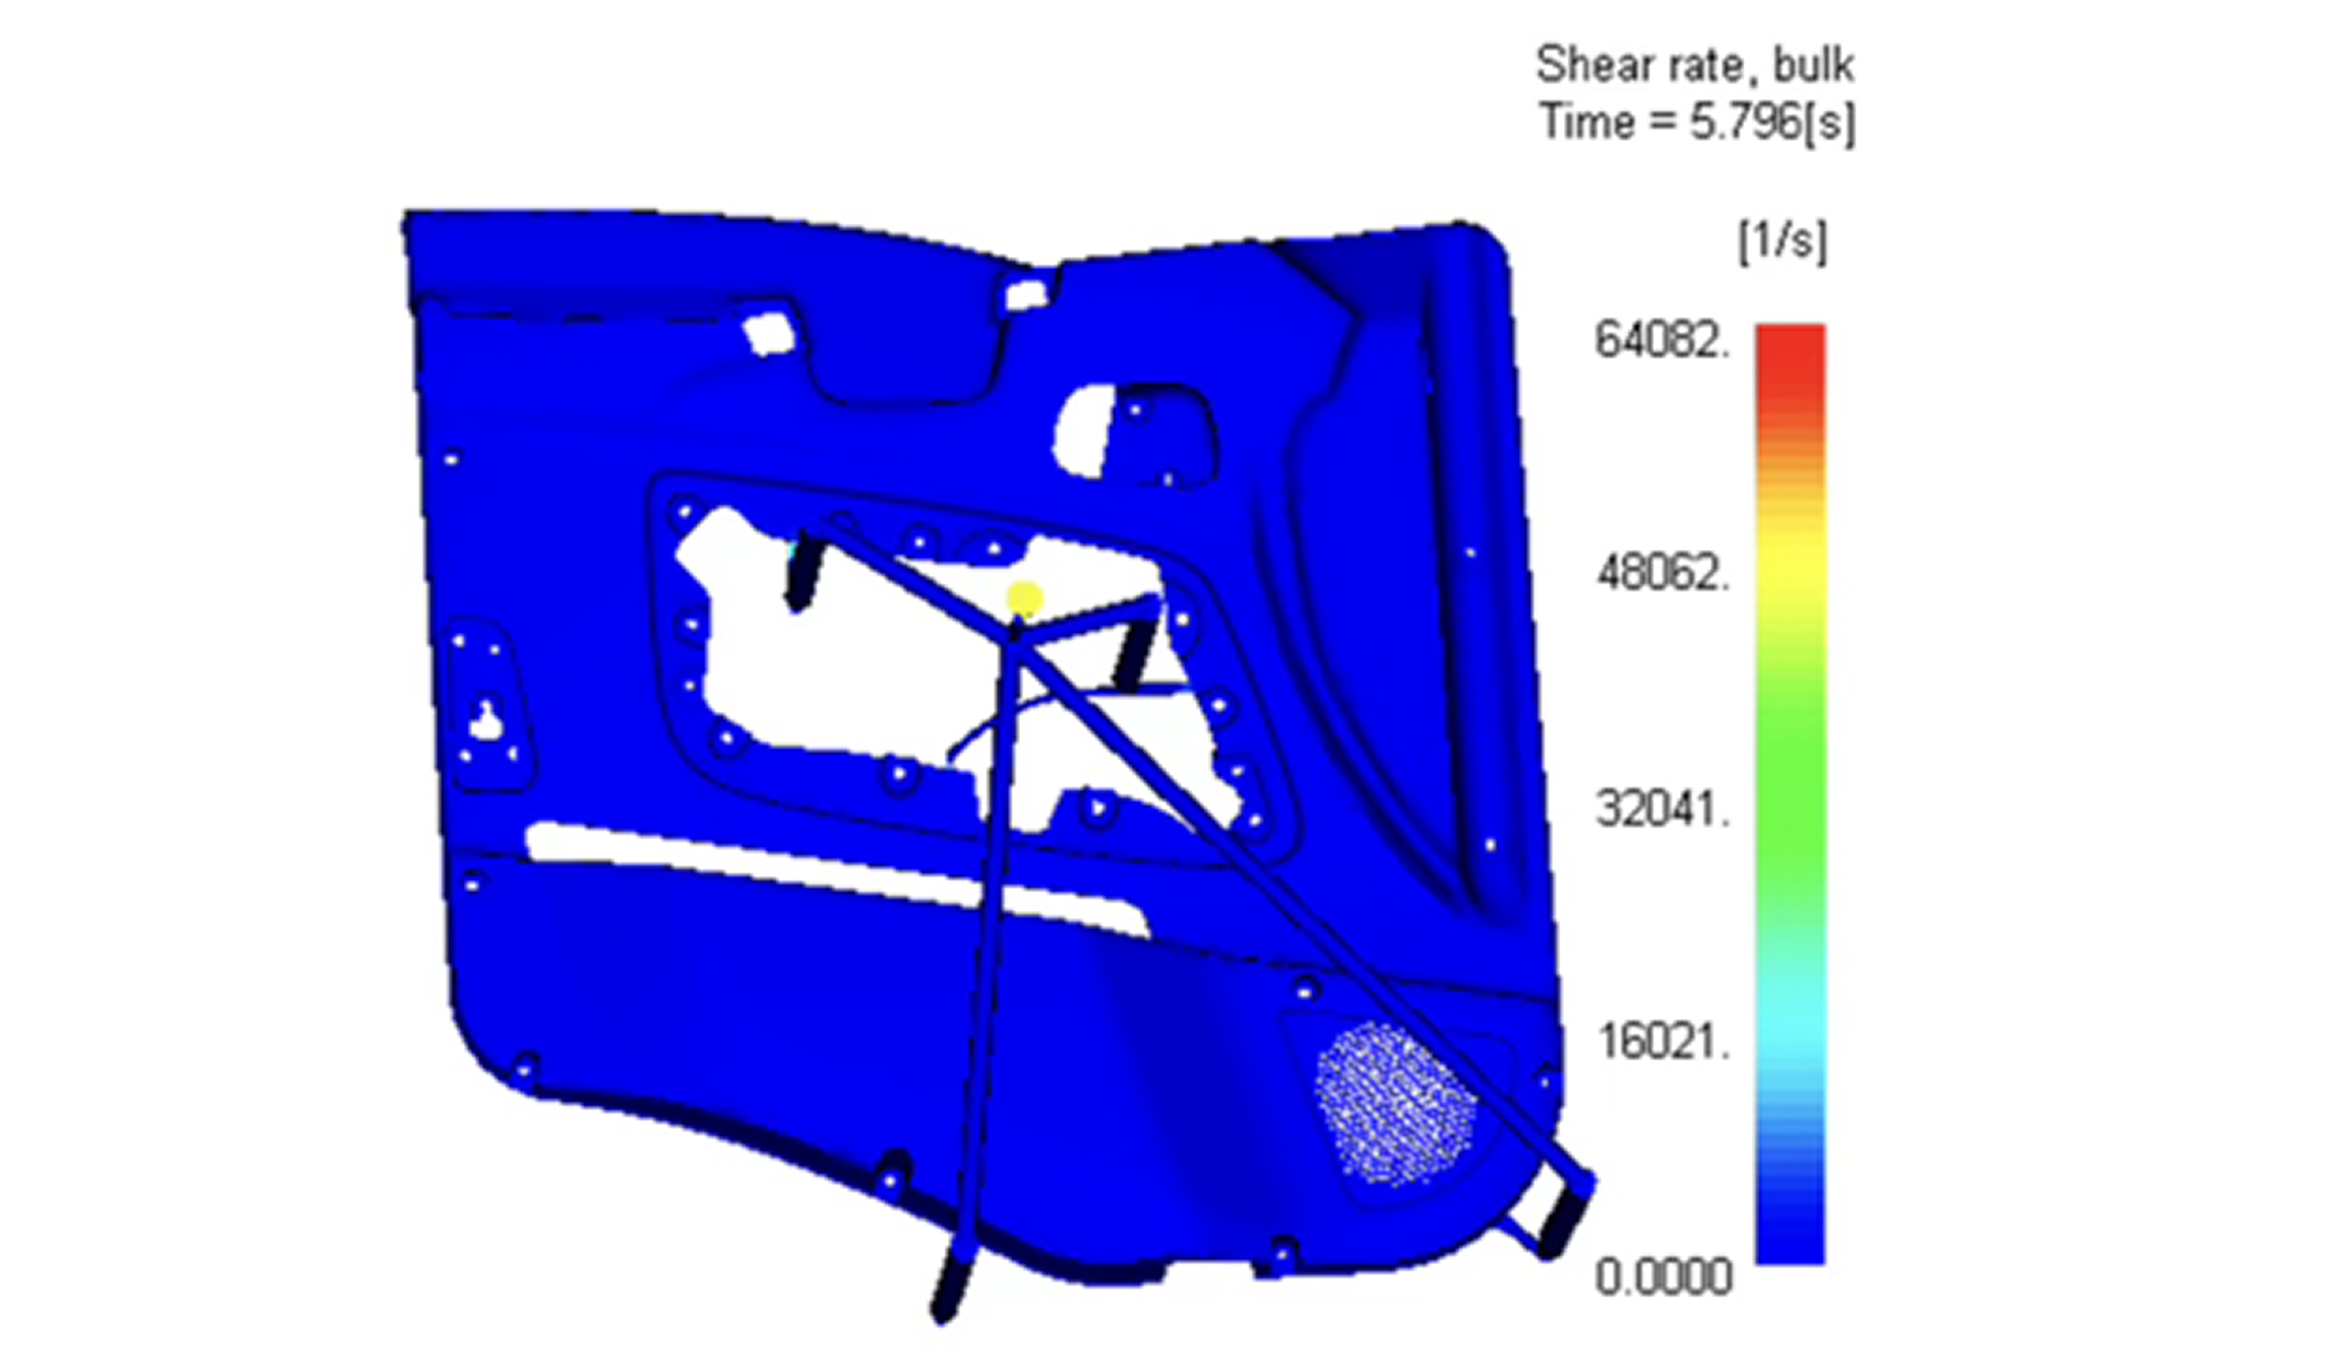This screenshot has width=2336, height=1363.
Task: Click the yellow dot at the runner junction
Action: click(x=1023, y=600)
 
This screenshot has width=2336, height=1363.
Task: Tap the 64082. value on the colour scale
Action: click(x=1662, y=341)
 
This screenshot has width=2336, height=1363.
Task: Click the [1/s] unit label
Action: click(x=1783, y=240)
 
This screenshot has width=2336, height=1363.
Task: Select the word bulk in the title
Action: click(x=1813, y=65)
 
